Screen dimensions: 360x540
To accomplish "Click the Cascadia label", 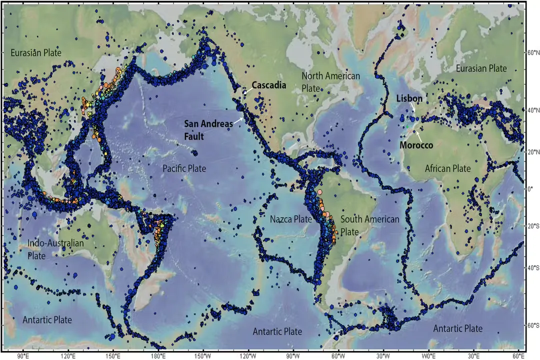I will pos(268,85).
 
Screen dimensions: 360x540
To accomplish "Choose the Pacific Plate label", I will pos(184,168).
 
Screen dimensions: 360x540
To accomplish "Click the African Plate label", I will pos(448,168).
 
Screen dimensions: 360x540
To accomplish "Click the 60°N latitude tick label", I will pos(533,52).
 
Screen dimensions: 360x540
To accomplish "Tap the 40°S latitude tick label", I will pos(533,267).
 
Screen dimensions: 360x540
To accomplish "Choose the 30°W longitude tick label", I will pos(384,356).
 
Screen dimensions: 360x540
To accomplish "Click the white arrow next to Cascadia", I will pos(246,91).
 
